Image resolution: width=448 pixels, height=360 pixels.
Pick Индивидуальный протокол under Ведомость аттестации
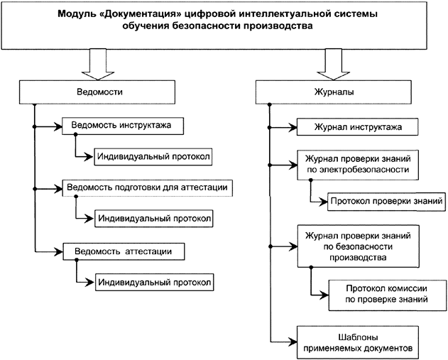(155, 282)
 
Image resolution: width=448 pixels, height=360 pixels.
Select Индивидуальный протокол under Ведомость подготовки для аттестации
(155, 218)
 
